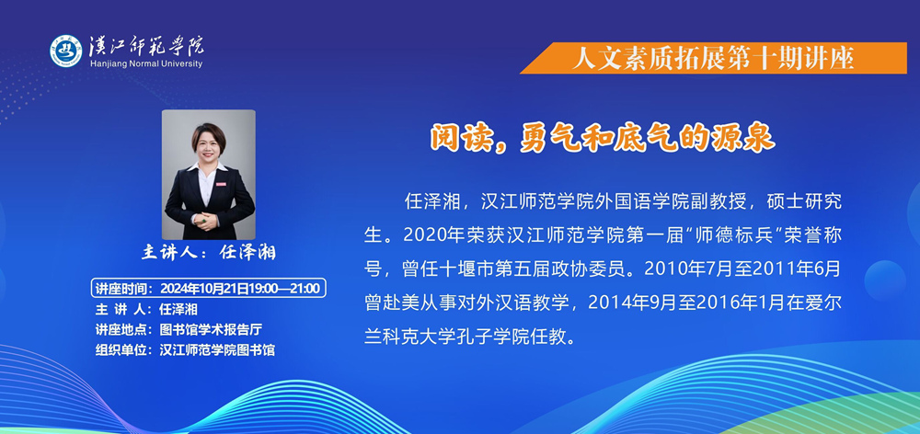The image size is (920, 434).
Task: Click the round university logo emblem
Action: pos(66,51)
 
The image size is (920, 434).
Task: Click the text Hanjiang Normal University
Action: pos(146,63)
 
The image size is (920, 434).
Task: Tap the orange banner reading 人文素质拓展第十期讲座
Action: pos(713,58)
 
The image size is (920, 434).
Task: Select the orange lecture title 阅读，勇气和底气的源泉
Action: pos(603,139)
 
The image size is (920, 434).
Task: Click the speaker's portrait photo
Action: pos(208,174)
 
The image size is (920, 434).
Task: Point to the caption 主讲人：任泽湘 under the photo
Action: pos(208,252)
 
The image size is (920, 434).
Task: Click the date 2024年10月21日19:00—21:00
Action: pos(240,289)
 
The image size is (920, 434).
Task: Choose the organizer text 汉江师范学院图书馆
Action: pos(217,350)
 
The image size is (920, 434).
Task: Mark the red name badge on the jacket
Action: pos(221,183)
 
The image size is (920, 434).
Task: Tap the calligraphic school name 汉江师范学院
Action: pos(146,46)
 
